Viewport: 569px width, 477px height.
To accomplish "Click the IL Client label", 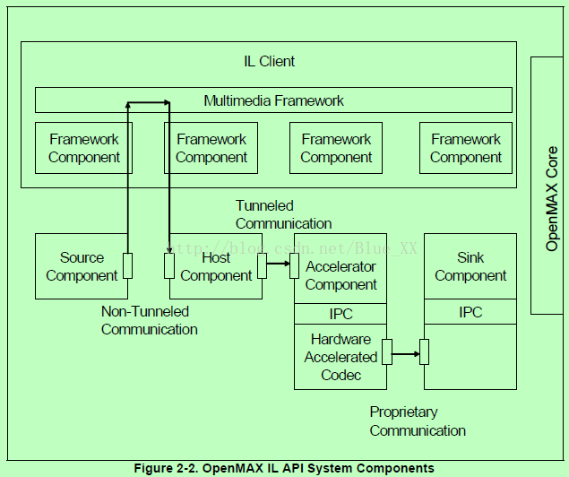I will pyautogui.click(x=270, y=62).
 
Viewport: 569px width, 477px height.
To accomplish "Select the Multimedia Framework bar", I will pyautogui.click(x=273, y=100).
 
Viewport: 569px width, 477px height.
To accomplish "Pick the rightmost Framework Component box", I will pyautogui.click(x=466, y=148).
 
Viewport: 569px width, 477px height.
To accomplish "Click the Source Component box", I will pyautogui.click(x=82, y=266).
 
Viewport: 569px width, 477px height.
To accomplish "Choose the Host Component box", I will pyautogui.click(x=216, y=266).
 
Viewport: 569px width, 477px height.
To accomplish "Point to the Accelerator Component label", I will pyautogui.click(x=341, y=275).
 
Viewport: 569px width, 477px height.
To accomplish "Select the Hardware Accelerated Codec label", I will pyautogui.click(x=341, y=357).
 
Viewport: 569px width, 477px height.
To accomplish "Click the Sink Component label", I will pyautogui.click(x=470, y=266).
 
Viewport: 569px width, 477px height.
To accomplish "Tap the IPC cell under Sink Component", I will pyautogui.click(x=470, y=312).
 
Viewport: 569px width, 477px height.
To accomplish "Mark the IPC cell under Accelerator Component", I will pyautogui.click(x=341, y=314).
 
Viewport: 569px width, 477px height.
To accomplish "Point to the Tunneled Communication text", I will pyautogui.click(x=283, y=215).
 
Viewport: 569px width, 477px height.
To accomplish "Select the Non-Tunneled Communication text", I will pyautogui.click(x=149, y=320).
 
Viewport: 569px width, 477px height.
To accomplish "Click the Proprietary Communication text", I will pyautogui.click(x=418, y=421).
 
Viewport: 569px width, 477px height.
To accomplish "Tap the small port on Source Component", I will pyautogui.click(x=127, y=265).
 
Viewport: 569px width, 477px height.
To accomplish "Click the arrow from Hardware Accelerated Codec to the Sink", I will pyautogui.click(x=406, y=353).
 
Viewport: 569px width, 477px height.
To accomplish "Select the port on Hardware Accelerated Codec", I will pyautogui.click(x=387, y=352).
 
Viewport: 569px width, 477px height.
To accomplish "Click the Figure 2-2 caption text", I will pyautogui.click(x=283, y=468).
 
